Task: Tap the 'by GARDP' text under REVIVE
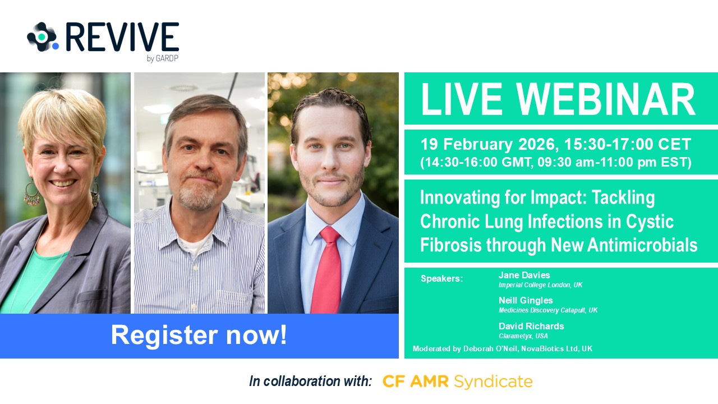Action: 163,59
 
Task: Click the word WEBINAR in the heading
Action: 605,99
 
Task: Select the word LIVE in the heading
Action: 461,99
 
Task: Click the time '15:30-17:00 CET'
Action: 628,144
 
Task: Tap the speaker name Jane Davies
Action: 524,275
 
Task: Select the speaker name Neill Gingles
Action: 526,300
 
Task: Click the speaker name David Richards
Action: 531,326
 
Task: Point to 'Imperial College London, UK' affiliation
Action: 540,285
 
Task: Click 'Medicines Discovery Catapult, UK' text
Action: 548,310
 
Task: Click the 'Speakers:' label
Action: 441,279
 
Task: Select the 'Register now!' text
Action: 199,335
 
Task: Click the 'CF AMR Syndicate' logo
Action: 458,382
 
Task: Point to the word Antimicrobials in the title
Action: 642,245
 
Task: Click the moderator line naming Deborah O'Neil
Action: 502,348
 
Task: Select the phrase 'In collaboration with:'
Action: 310,382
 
